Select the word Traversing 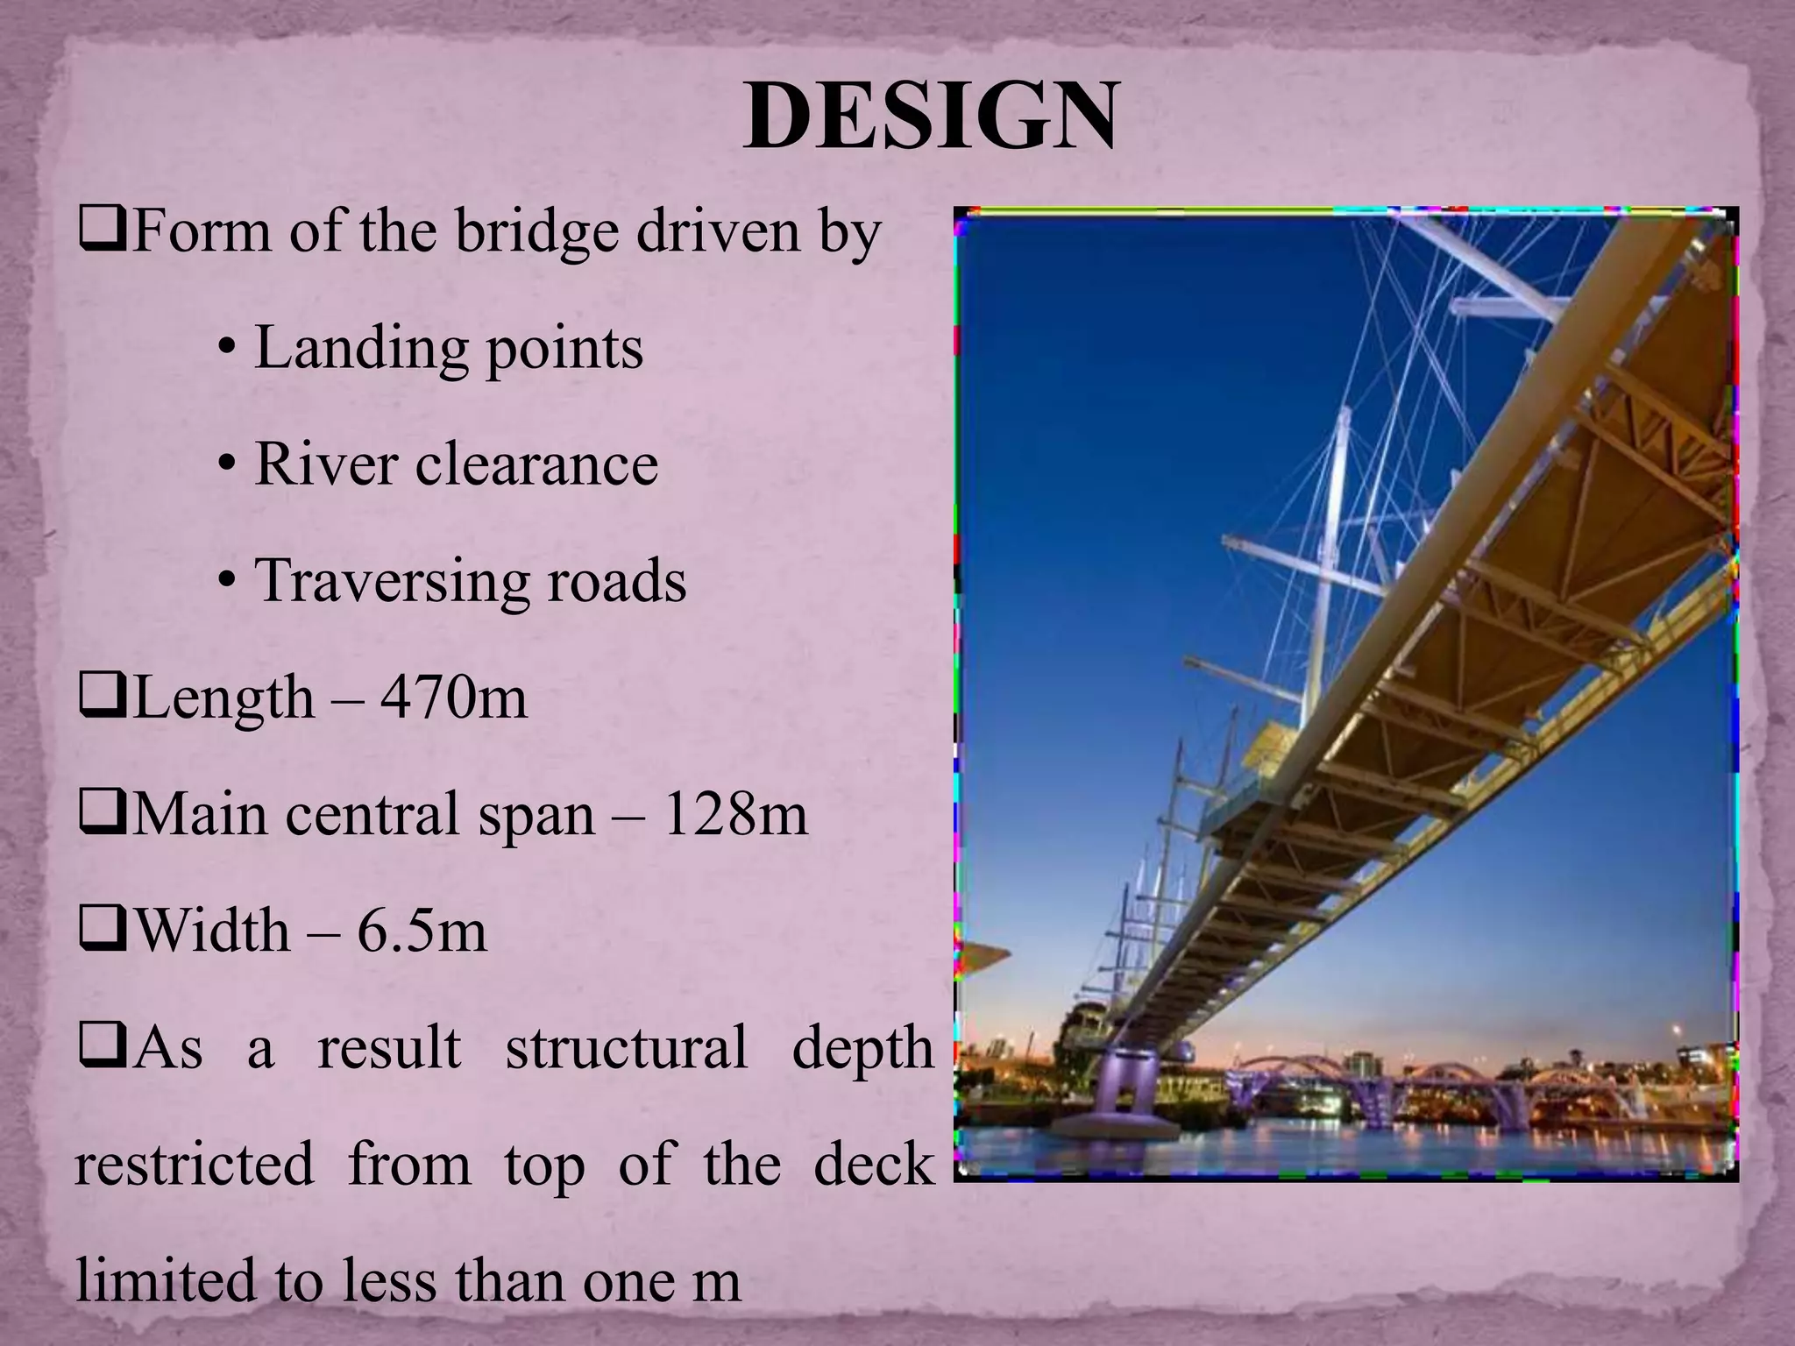(391, 582)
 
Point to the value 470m (454, 698)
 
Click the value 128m (734, 815)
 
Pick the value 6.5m (422, 932)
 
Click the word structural (626, 1048)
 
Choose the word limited (151, 1281)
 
